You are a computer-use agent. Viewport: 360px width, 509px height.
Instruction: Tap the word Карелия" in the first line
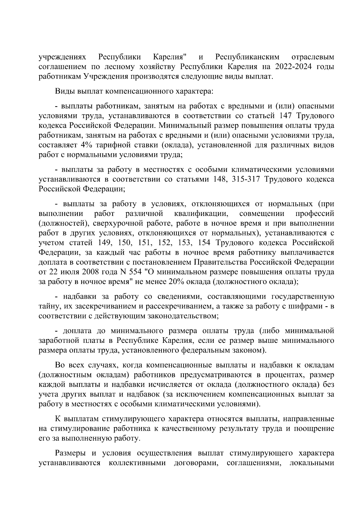click(170, 57)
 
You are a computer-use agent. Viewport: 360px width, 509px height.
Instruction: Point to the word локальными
click(312, 463)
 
